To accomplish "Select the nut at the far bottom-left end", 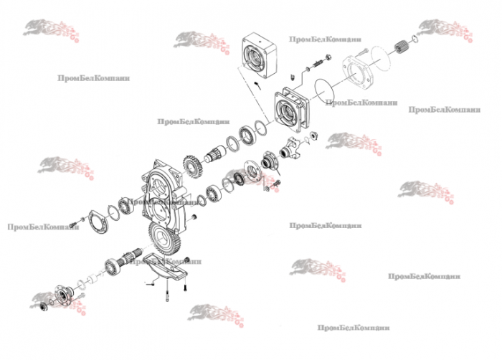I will click(x=44, y=307).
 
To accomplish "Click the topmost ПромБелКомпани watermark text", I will click(x=326, y=40).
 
